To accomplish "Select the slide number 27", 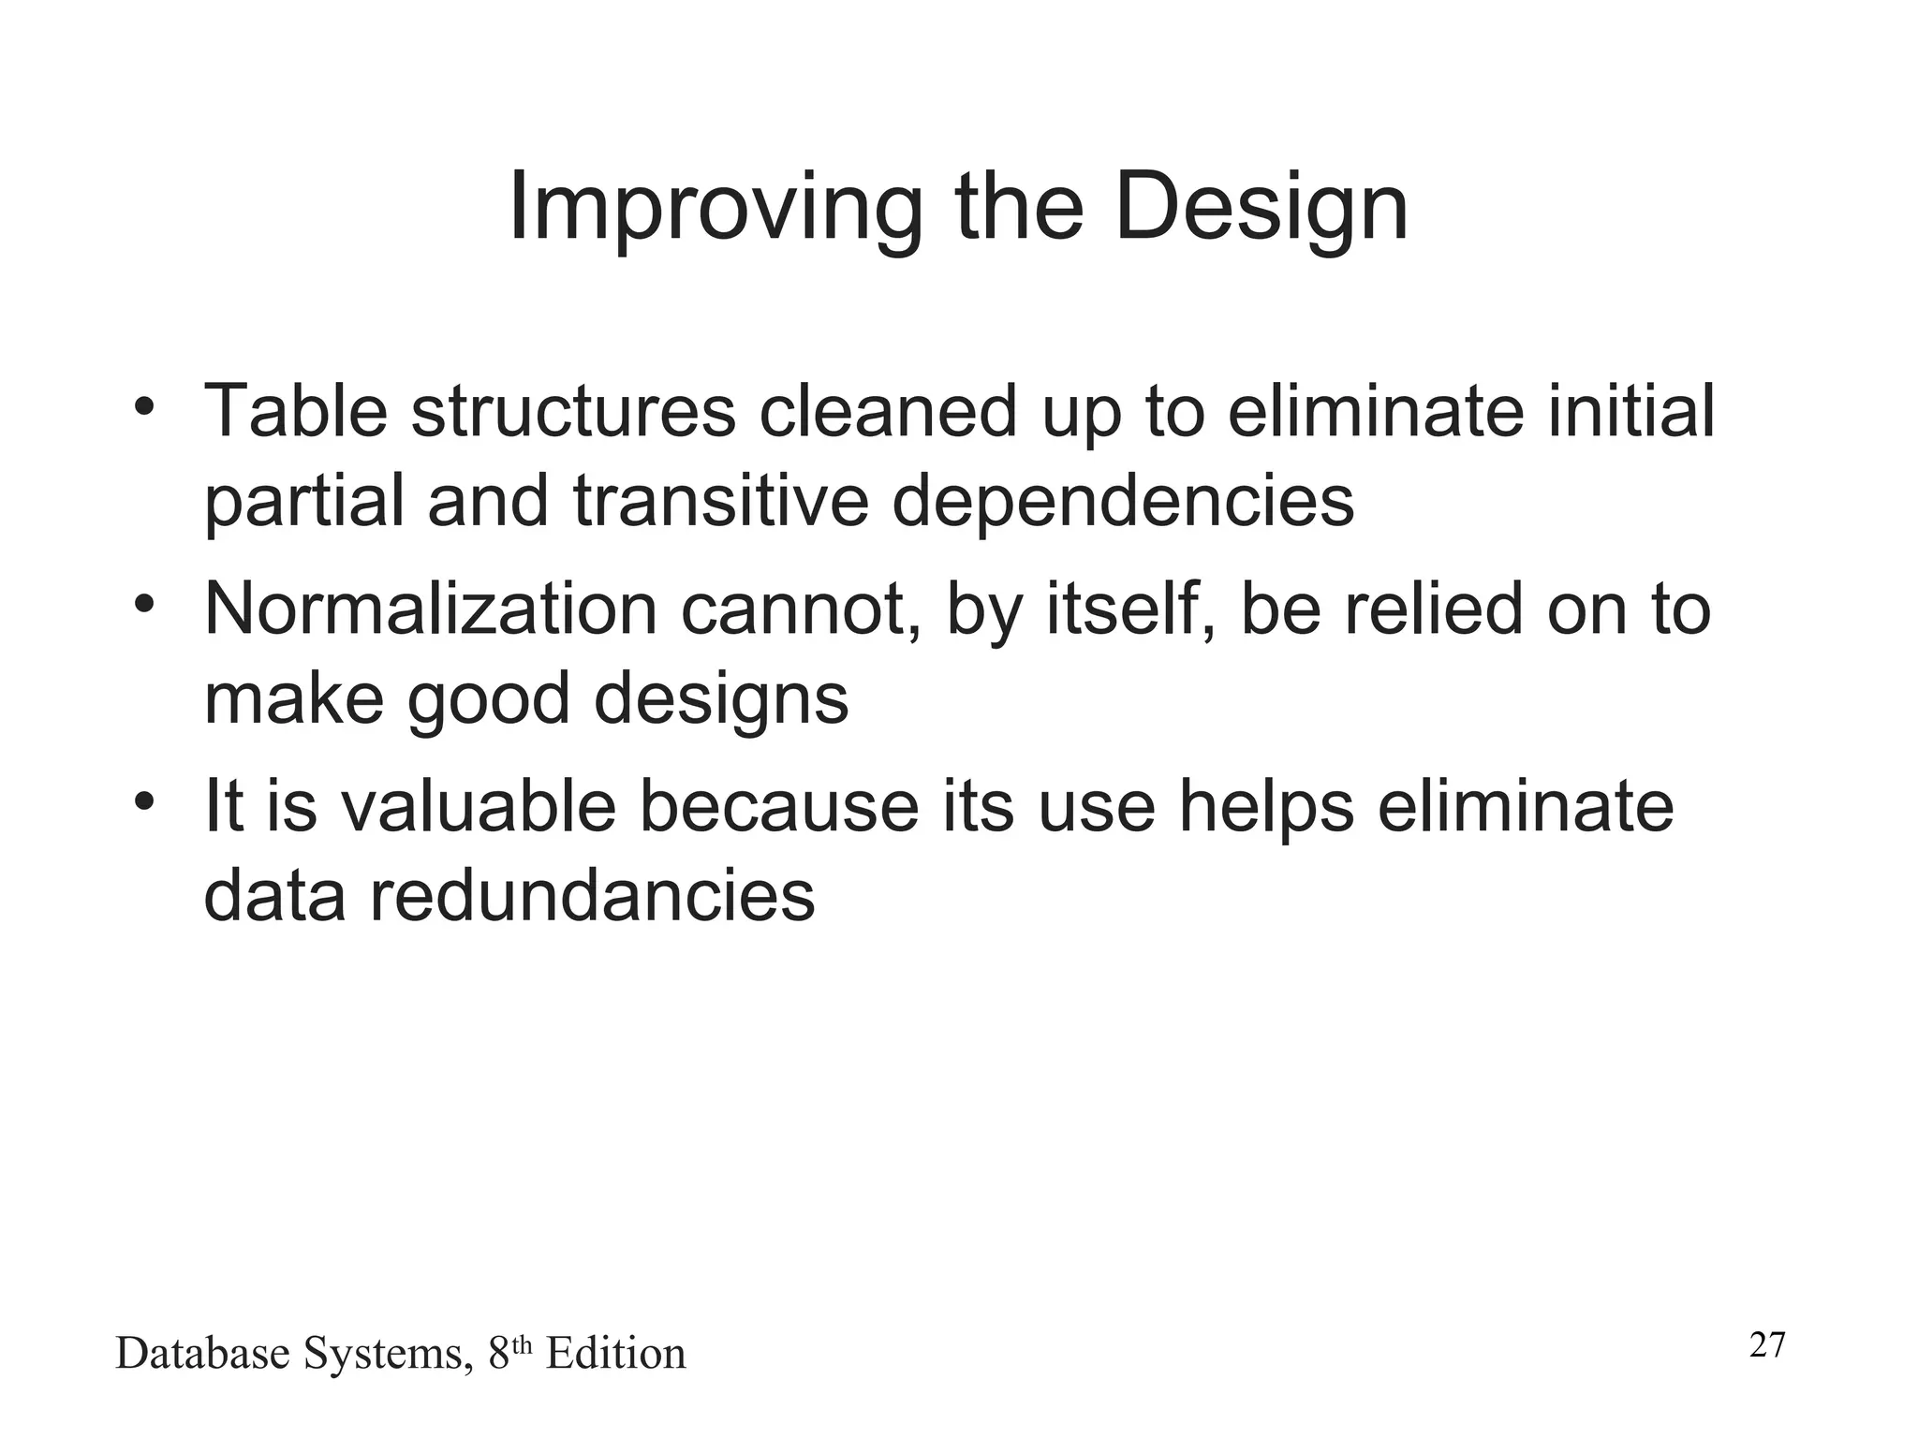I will [1767, 1345].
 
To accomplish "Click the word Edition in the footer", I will [615, 1354].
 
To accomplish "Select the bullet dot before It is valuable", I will [142, 802].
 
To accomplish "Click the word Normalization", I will [430, 609].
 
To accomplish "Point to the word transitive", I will [721, 501].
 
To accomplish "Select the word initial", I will [1630, 412].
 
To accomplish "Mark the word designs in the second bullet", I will [720, 700].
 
